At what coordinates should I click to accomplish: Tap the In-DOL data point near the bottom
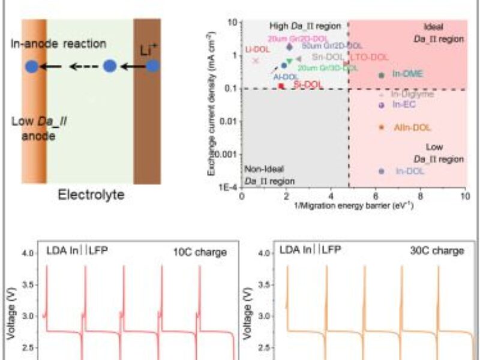pyautogui.click(x=382, y=171)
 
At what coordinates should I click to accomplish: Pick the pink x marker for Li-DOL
pyautogui.click(x=256, y=60)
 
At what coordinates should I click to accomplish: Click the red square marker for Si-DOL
pyautogui.click(x=281, y=86)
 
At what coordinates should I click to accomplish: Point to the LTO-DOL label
pyautogui.click(x=369, y=57)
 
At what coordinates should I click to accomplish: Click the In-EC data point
pyautogui.click(x=382, y=105)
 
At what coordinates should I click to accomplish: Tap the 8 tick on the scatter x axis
pyautogui.click(x=420, y=196)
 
